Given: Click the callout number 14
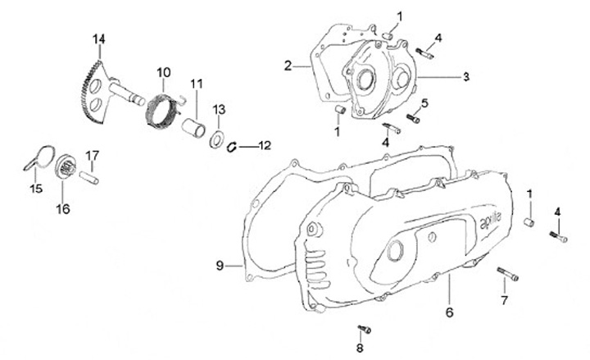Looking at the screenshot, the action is [x=99, y=39].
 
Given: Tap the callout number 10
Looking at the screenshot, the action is [x=163, y=71].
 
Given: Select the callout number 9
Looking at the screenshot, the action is [x=220, y=265].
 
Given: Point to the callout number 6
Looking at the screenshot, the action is [x=449, y=312].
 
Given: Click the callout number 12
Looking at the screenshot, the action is [x=263, y=146].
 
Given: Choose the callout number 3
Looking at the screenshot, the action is [x=465, y=77].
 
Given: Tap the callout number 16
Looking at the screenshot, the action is [x=63, y=208].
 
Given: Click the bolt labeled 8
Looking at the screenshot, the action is [x=361, y=330].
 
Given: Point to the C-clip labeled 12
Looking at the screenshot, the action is [x=232, y=147].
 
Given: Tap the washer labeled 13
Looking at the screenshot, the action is [x=219, y=137].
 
